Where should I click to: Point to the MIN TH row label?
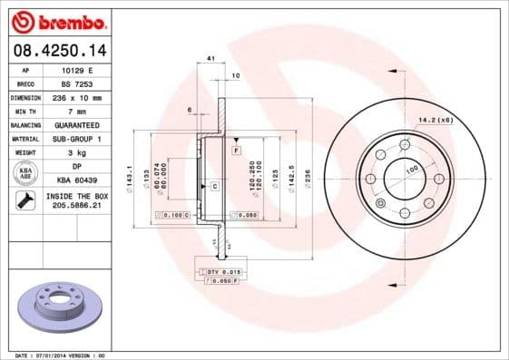coord(25,111)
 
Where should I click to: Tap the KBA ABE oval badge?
coord(25,173)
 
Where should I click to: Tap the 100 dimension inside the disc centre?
coord(410,170)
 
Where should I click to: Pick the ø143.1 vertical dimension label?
coord(131,172)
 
